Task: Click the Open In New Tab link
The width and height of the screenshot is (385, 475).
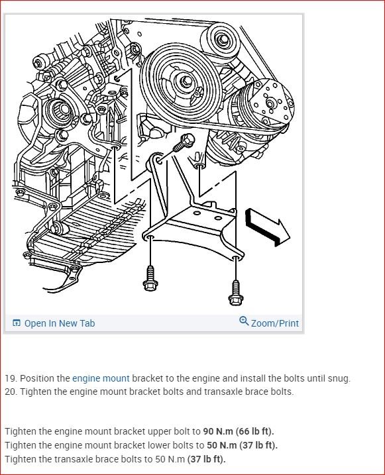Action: coord(60,323)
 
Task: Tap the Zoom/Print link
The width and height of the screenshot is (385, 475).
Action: coord(275,323)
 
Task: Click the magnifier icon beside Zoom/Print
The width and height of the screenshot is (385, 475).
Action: coord(244,321)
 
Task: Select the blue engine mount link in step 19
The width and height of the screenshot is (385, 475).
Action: coord(101,378)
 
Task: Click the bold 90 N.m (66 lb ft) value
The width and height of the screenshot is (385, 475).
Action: coord(239,431)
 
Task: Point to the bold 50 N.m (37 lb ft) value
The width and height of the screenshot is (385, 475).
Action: coord(243,445)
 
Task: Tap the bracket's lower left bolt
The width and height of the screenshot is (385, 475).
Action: coord(150,278)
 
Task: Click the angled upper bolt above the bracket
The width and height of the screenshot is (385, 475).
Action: coord(184,142)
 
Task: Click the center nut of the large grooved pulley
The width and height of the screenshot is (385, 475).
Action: coord(186,81)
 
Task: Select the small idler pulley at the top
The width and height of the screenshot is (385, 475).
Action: coord(223,40)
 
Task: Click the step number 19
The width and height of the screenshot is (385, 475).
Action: coord(11,378)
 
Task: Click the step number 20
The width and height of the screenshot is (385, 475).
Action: coord(11,392)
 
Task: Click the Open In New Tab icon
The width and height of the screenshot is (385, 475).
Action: coord(17,323)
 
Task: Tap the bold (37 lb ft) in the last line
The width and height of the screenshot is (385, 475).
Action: coord(207,459)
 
